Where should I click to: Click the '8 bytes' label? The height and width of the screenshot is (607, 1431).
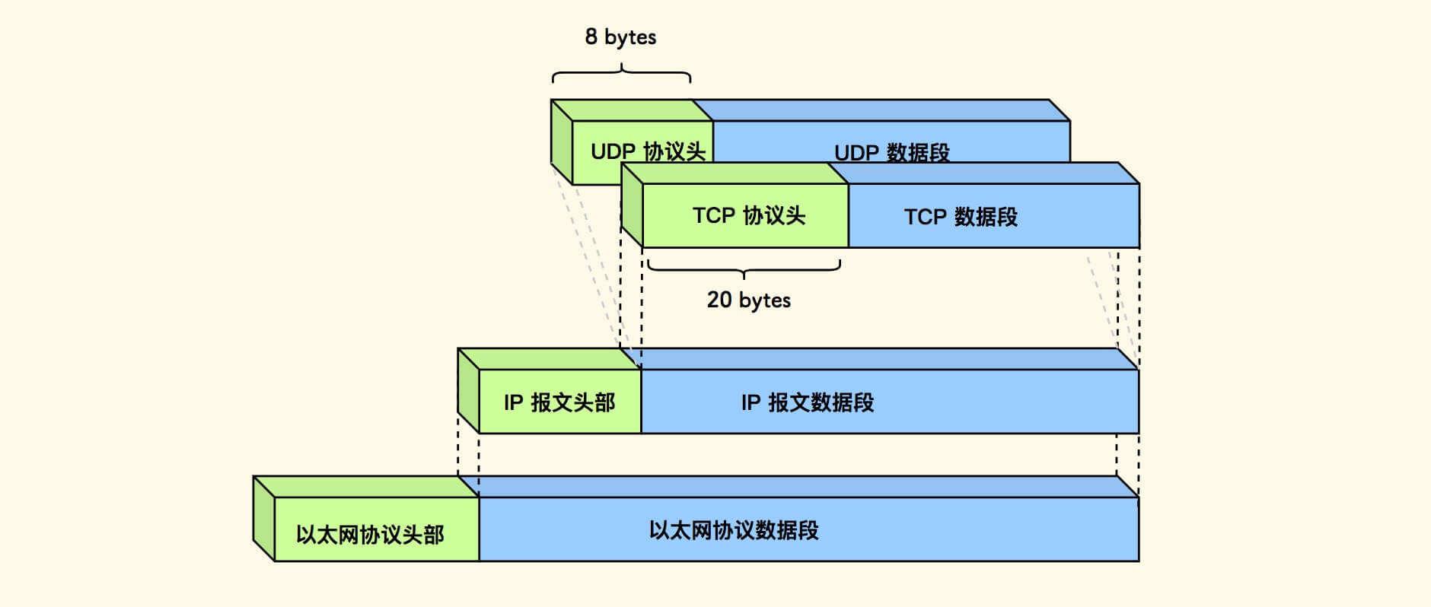pos(620,37)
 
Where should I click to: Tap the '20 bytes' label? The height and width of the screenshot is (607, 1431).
pos(748,300)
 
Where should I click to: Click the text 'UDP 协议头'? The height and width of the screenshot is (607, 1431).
pos(648,151)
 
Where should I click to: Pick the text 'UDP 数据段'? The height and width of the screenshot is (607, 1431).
pos(891,153)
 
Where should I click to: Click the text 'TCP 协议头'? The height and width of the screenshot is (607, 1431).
pos(748,216)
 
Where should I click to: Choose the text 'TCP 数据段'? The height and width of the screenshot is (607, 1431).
pos(961,218)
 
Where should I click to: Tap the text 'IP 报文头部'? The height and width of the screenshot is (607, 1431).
pos(559,402)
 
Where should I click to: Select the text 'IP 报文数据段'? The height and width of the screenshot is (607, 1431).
pos(807,402)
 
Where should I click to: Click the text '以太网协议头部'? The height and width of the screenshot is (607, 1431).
pos(370,535)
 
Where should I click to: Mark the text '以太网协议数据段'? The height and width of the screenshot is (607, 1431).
pos(733,530)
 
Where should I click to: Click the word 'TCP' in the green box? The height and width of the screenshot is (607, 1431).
pos(713,216)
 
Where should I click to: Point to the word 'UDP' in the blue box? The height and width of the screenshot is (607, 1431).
pos(856,153)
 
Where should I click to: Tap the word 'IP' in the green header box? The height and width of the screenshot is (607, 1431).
pos(513,402)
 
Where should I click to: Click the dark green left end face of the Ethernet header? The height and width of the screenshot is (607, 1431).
pos(263,519)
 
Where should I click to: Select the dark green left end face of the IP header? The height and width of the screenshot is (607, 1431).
pos(468,391)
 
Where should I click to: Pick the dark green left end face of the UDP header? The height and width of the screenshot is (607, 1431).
pos(561,141)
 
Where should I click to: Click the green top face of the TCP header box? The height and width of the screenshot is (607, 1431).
pos(735,173)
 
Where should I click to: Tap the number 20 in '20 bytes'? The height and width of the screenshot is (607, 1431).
pos(719,300)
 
